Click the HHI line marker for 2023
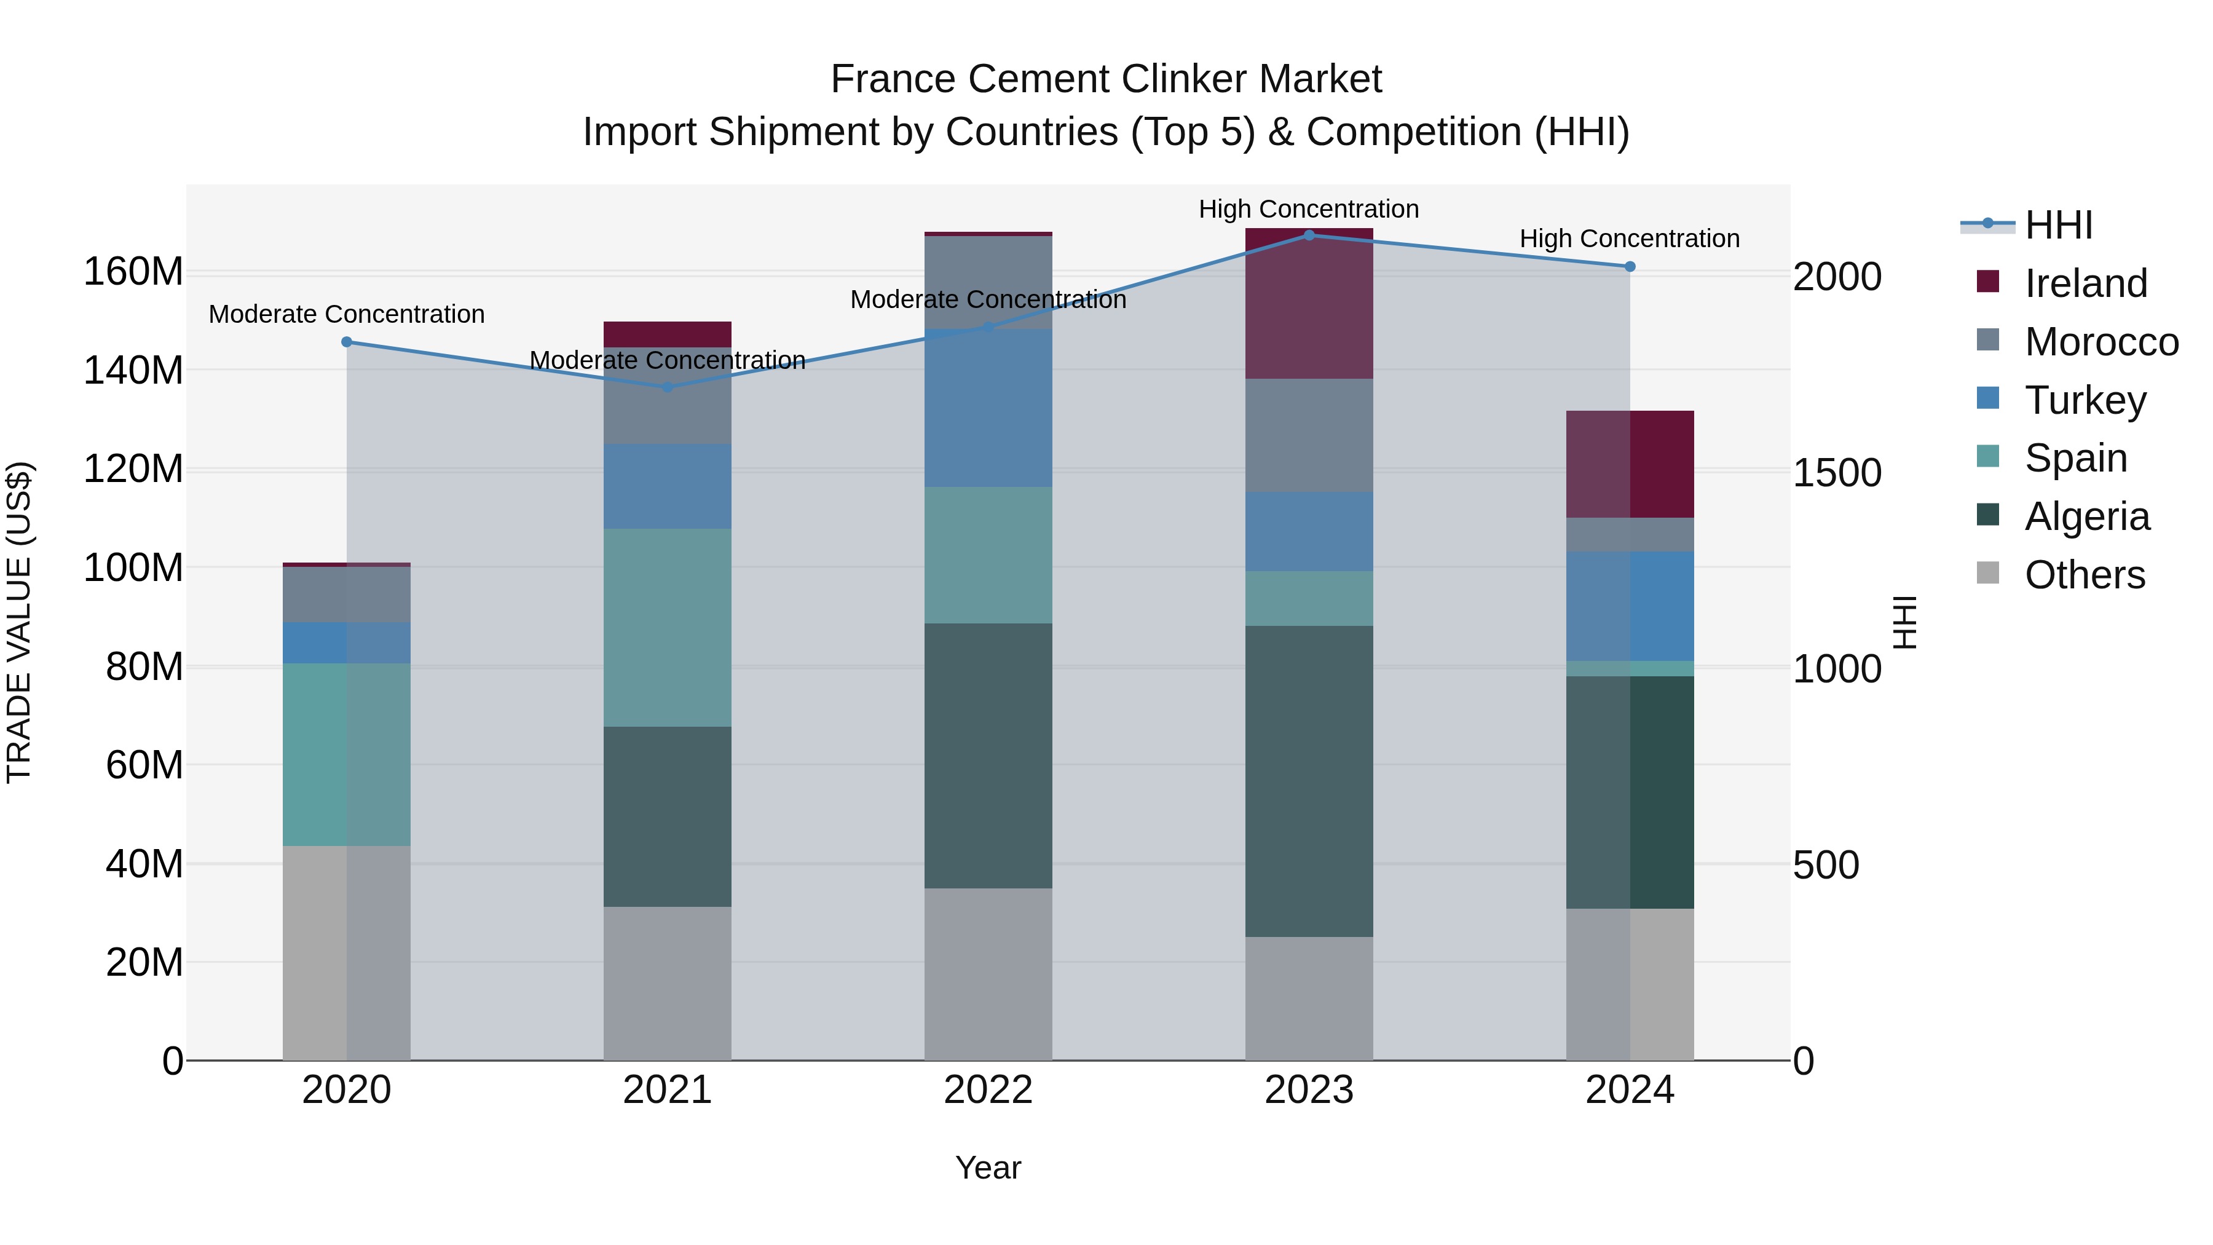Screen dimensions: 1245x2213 [x=1308, y=235]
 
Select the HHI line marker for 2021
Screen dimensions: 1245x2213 [x=668, y=387]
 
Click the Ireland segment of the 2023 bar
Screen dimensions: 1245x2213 [x=1308, y=305]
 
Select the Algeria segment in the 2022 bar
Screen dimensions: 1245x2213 [x=988, y=756]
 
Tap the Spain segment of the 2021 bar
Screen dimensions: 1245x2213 [x=668, y=627]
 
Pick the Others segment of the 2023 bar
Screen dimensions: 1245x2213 [x=1308, y=998]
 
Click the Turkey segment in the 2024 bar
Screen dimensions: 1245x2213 [x=1630, y=606]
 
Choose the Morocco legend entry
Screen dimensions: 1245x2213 [x=2101, y=342]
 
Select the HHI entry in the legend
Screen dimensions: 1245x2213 [x=2057, y=225]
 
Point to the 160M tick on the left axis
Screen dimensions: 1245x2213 [x=133, y=272]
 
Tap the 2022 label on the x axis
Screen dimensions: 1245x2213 [x=988, y=1090]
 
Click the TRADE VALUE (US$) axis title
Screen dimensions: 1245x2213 [x=20, y=623]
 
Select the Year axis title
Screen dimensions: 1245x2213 [x=988, y=1168]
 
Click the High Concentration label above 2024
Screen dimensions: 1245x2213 [x=1630, y=239]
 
